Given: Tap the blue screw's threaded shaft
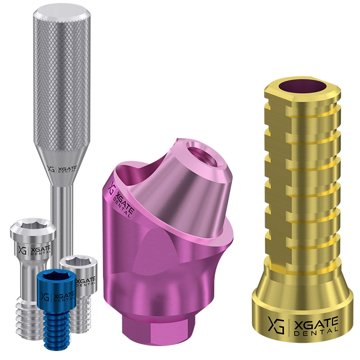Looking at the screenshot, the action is pyautogui.click(x=57, y=330).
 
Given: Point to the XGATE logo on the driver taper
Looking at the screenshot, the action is pyautogui.click(x=62, y=169).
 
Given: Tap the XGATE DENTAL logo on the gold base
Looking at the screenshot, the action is pyautogui.click(x=303, y=325).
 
